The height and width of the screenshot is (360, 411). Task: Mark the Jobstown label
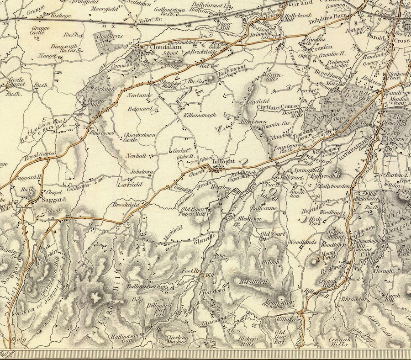click(142, 171)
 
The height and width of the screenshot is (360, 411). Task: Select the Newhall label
click(136, 156)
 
